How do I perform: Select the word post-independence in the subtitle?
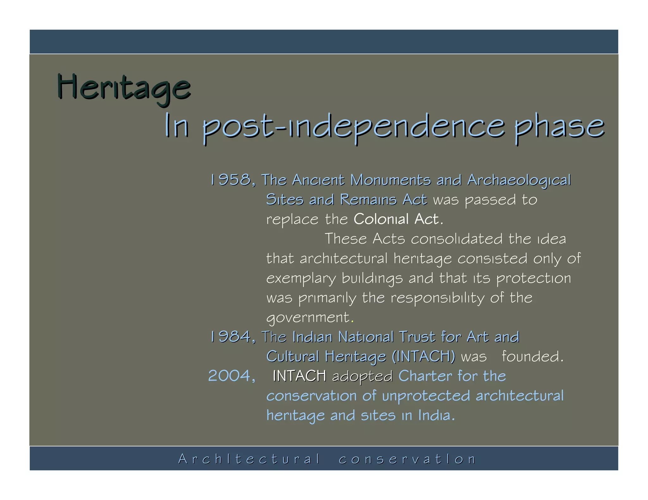(x=353, y=127)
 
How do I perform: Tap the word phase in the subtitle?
(x=559, y=127)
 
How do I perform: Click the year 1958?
(x=232, y=180)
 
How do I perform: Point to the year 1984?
(x=232, y=337)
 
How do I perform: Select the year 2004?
(x=231, y=376)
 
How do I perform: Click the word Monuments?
(x=390, y=180)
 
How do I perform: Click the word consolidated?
(x=457, y=239)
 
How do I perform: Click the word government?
(x=308, y=318)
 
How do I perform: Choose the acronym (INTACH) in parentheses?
(x=423, y=357)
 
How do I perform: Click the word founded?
(x=533, y=357)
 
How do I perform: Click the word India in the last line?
(x=436, y=415)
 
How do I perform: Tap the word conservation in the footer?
(x=407, y=459)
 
